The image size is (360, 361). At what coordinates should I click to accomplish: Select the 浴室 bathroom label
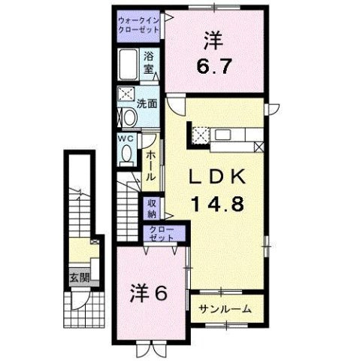pos(150,62)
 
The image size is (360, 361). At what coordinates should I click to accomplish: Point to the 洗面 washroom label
pos(149,104)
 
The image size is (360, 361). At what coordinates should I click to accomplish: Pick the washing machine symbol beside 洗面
pos(126,96)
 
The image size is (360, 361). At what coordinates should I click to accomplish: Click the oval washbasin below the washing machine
pos(127,117)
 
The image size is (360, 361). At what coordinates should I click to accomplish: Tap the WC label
pos(125,139)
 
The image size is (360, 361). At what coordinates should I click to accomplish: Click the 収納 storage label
pos(153,209)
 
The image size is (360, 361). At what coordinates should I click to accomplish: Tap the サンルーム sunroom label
pos(221,308)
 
